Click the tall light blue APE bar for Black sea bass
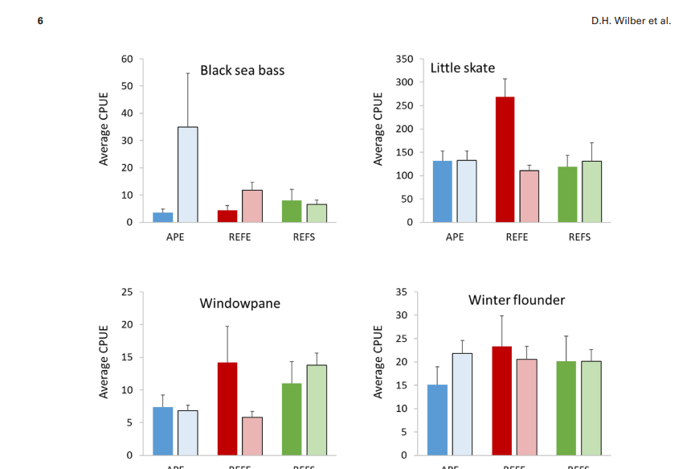point(187,175)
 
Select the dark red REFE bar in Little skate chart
point(505,159)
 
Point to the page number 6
point(40,21)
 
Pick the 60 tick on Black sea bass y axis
point(127,59)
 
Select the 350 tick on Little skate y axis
point(404,59)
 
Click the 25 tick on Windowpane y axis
point(127,292)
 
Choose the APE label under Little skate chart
point(454,237)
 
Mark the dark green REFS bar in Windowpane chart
point(291,419)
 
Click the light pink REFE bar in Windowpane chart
point(252,436)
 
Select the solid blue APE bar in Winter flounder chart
point(437,420)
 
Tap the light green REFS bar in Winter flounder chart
point(591,408)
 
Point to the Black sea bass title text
point(242,70)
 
